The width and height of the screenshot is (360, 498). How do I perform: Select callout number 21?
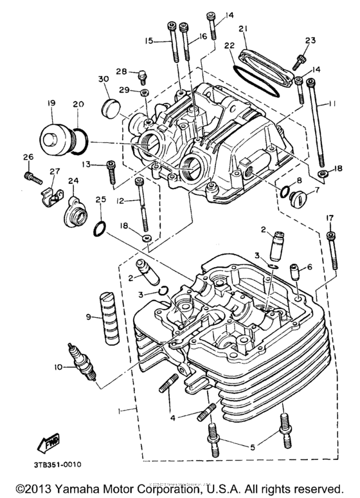[243, 29]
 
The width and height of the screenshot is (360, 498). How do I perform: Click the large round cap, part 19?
[54, 136]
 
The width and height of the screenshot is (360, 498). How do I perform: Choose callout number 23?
[310, 41]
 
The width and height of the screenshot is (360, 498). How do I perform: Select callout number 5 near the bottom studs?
[252, 445]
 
